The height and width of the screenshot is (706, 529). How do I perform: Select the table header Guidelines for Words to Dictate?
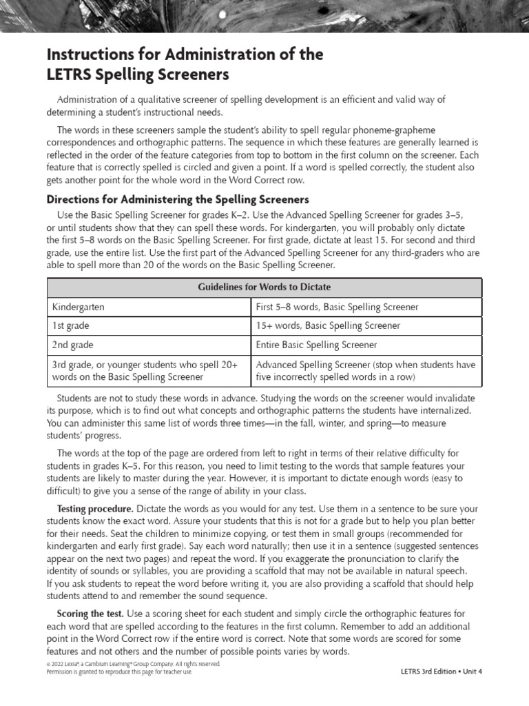point(264,287)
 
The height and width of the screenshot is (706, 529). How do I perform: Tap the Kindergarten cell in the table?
point(79,307)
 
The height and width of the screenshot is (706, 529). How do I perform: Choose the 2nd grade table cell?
point(72,345)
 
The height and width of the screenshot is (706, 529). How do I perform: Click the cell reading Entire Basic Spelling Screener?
point(316,345)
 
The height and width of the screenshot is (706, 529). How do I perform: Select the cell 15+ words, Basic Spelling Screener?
point(328,325)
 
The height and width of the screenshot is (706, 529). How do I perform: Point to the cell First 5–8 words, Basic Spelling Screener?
point(337,307)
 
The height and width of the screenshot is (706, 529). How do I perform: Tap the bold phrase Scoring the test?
point(90,613)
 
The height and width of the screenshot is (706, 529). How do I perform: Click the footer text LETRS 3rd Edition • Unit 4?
point(441,672)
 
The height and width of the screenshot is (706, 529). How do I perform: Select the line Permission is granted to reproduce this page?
point(119,672)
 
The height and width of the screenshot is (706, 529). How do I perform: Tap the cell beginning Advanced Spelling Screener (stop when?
point(366,371)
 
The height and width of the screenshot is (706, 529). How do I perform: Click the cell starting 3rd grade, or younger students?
point(145,371)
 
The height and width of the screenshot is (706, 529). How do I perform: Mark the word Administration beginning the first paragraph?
point(90,100)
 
